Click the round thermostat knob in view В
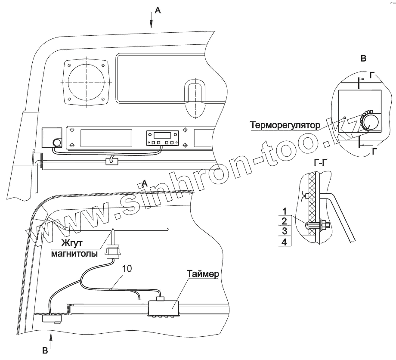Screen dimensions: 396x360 370,123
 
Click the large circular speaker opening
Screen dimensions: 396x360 86,81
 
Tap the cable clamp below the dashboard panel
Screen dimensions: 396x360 112,161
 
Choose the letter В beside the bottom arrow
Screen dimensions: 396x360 45,351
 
